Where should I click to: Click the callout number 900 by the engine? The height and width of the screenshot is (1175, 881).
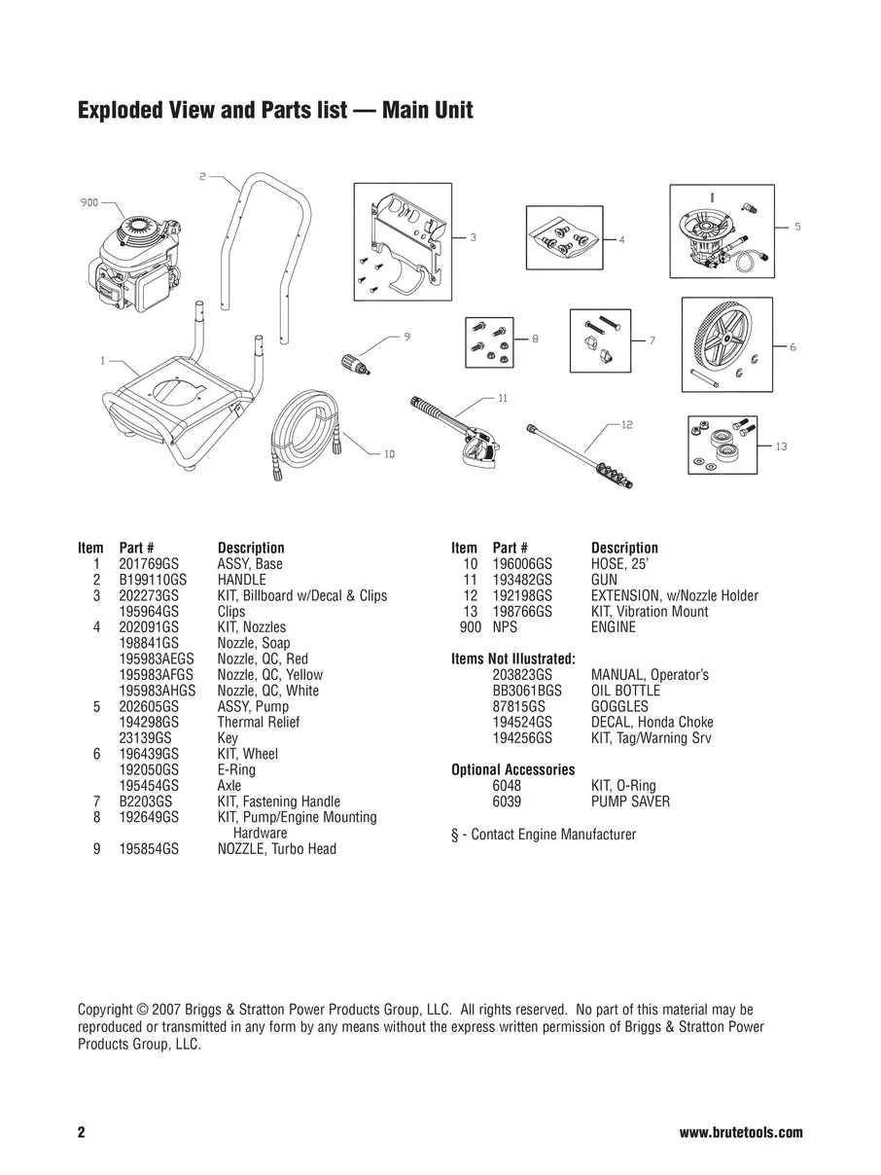click(88, 203)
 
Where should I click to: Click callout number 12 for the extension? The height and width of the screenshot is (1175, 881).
click(626, 424)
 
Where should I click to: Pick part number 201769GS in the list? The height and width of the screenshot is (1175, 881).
click(148, 564)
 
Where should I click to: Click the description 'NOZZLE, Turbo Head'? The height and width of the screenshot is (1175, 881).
click(276, 849)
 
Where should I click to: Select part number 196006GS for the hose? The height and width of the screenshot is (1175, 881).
click(522, 564)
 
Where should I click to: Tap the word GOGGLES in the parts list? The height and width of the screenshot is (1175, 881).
click(619, 706)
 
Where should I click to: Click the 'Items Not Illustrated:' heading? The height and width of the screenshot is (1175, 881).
click(513, 659)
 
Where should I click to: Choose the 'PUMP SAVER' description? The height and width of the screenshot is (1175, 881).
click(630, 801)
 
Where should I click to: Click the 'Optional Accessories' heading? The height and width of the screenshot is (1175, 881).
click(513, 769)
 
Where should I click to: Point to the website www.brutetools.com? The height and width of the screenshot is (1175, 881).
click(741, 1133)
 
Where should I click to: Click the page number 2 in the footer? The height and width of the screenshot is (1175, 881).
click(82, 1133)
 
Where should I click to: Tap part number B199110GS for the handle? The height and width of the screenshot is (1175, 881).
click(152, 580)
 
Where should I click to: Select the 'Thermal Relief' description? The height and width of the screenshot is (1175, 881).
click(258, 722)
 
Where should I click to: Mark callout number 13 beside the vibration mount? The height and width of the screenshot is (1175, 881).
click(781, 446)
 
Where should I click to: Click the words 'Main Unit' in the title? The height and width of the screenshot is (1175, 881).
click(427, 110)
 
